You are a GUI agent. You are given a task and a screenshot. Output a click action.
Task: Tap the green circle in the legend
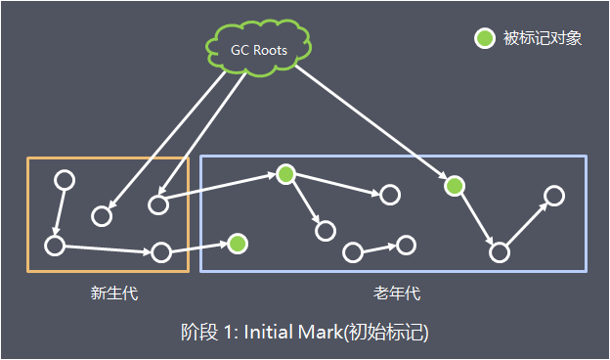pos(484,39)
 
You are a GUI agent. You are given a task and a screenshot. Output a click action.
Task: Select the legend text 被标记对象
pos(542,39)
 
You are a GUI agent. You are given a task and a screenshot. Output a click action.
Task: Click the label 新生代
pos(108,292)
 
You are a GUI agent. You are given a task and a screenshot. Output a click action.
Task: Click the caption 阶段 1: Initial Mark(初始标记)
pos(305,332)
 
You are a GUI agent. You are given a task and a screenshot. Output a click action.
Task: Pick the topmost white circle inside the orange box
pos(65,181)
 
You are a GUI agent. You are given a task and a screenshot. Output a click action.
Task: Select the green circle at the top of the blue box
pos(285,174)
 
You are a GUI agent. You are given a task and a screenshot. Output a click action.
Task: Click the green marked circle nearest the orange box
pos(238,243)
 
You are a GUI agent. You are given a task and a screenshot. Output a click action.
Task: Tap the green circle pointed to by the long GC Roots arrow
pos(454,185)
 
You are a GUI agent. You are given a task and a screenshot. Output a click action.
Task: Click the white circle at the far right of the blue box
pos(554,196)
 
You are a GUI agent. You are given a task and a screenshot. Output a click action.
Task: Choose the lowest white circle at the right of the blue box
pos(500,252)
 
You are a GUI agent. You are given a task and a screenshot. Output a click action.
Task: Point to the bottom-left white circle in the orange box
pos(55,245)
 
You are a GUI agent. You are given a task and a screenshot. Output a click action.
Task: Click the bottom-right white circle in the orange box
pos(161,252)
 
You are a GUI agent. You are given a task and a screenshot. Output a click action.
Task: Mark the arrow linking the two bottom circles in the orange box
pos(108,248)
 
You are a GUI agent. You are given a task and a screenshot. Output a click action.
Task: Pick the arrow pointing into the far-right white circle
pos(528,223)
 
